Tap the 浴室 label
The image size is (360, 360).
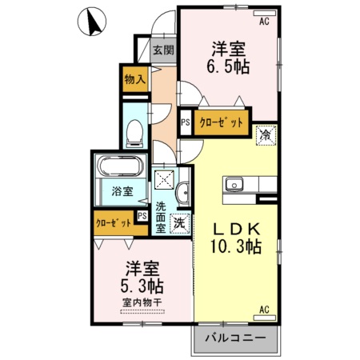pyautogui.click(x=122, y=192)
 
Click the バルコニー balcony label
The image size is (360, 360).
pyautogui.click(x=235, y=337)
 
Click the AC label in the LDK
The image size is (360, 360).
pyautogui.click(x=263, y=307)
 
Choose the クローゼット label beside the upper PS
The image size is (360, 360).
pyautogui.click(x=219, y=123)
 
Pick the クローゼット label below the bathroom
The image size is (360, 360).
pyautogui.click(x=113, y=224)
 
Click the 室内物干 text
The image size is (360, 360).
pyautogui.click(x=142, y=302)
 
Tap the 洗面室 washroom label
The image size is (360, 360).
pyautogui.click(x=162, y=217)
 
